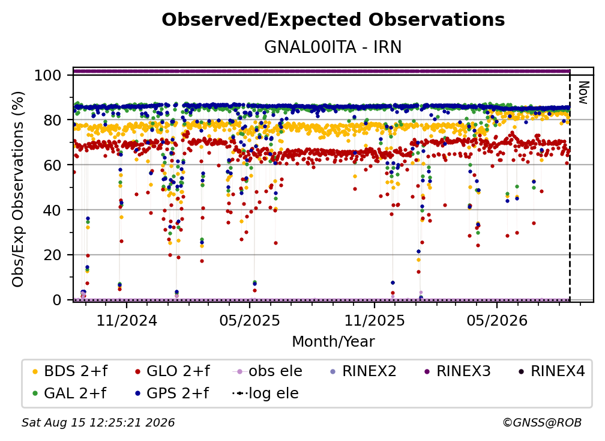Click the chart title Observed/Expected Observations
333,20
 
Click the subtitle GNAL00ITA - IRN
333,47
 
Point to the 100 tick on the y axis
48,75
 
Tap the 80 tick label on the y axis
52,120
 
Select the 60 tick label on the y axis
52,165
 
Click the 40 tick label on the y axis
52,210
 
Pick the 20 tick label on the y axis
52,255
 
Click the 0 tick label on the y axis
57,300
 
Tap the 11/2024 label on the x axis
127,320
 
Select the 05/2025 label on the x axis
250,320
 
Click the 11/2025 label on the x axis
375,320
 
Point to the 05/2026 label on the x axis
497,320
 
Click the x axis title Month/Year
333,342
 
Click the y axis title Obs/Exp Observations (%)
18,189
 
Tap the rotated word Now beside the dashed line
583,93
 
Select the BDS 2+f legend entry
70,371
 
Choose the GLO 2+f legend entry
172,371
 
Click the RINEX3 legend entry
457,371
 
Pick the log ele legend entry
265,394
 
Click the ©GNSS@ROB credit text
542,422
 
